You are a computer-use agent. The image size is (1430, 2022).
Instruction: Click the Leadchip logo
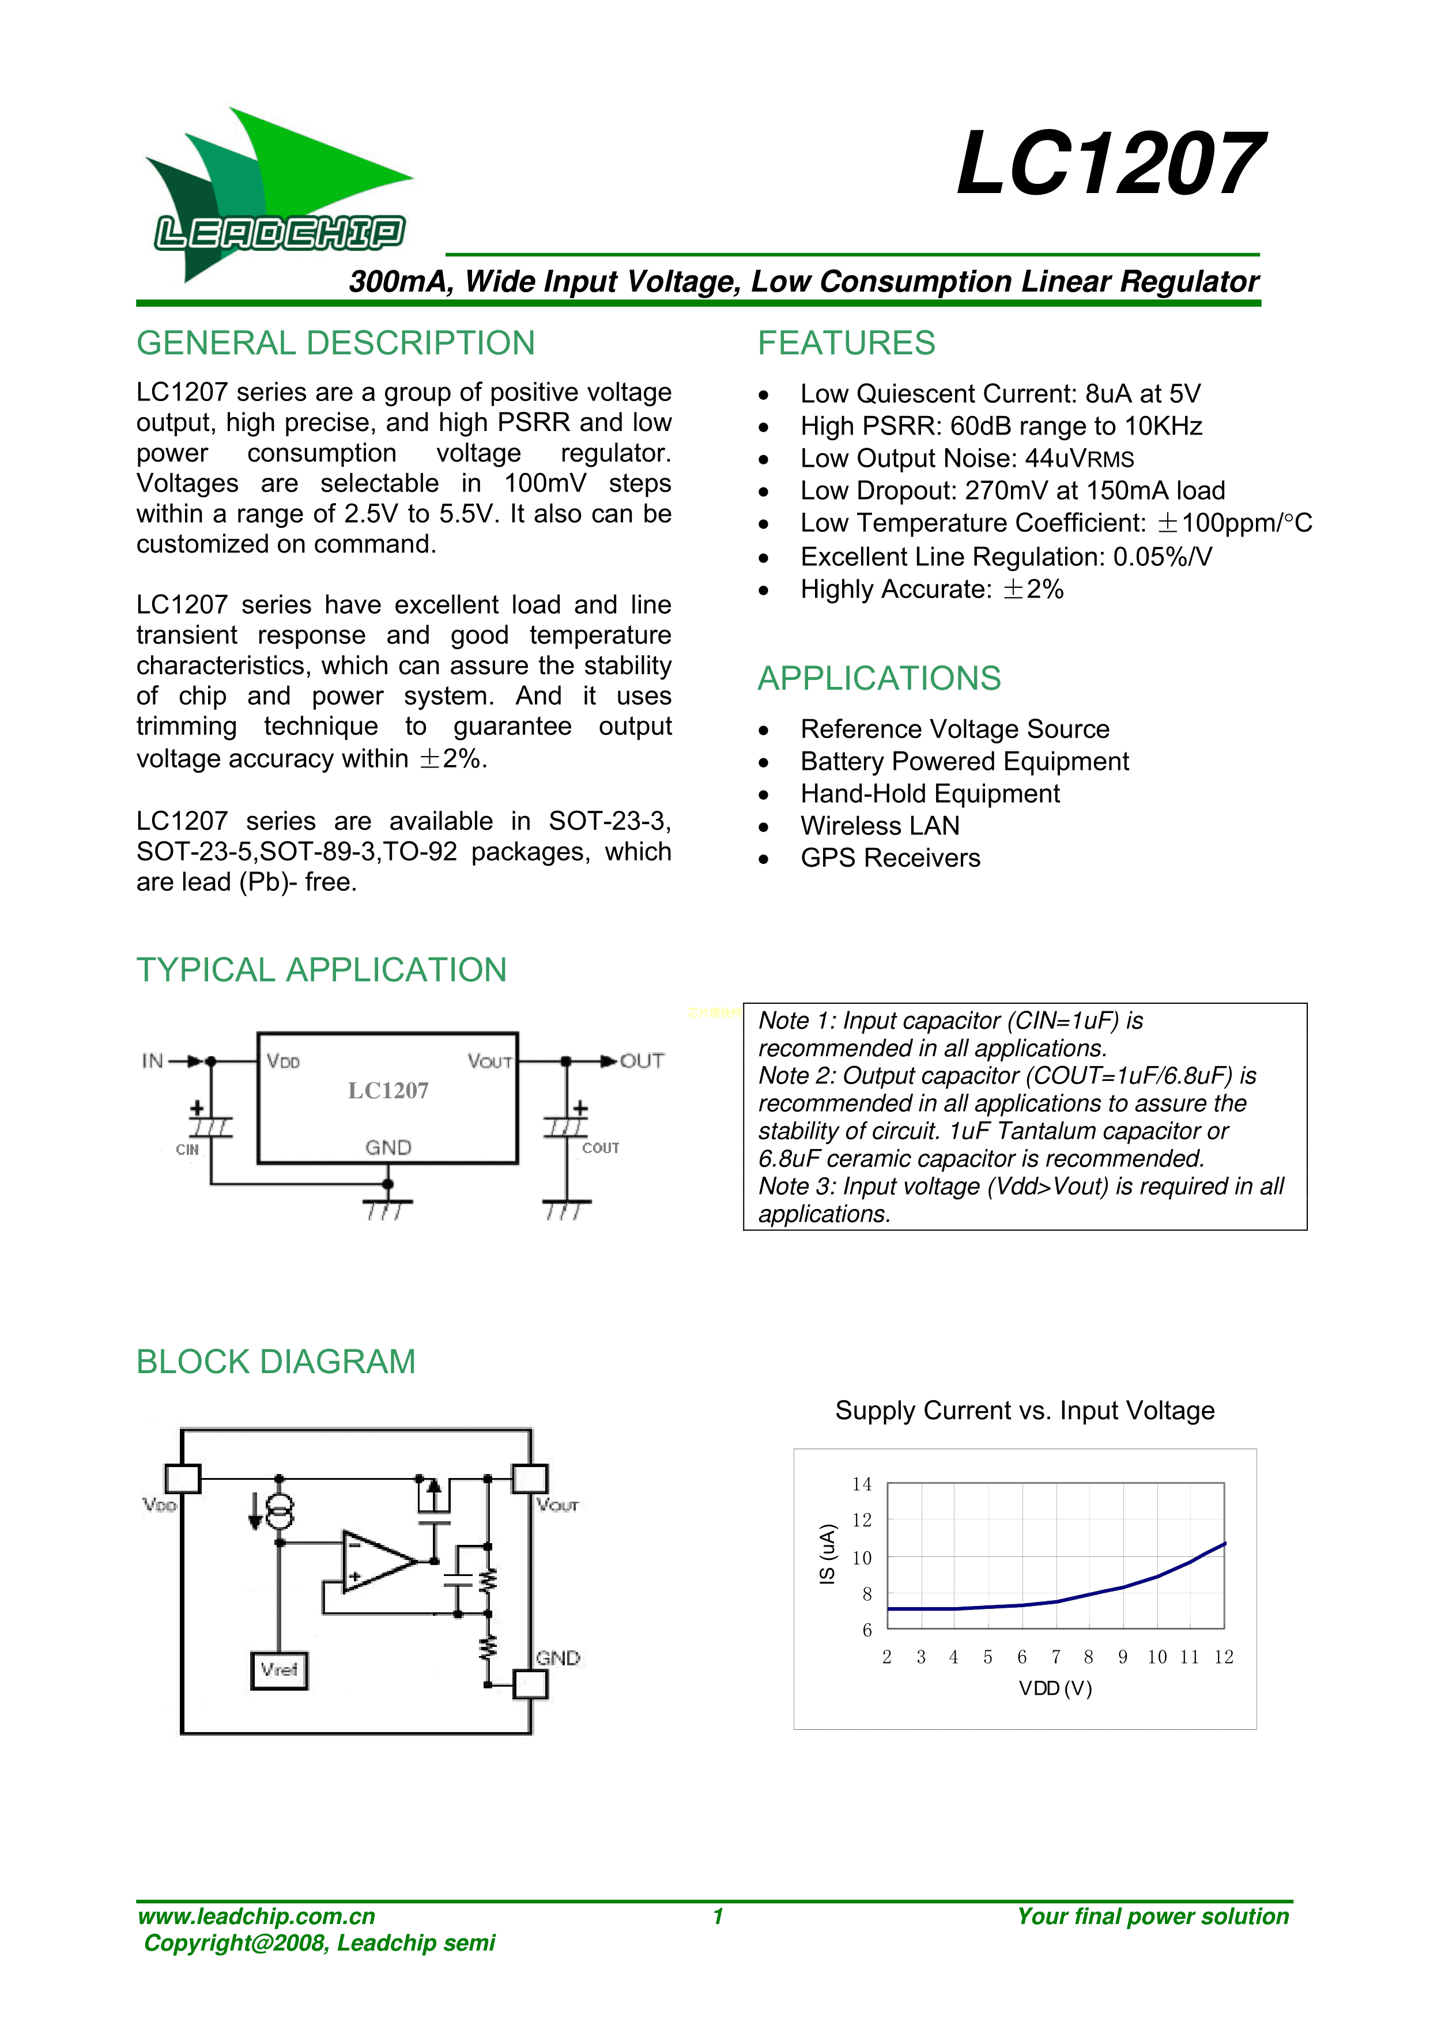pos(278,194)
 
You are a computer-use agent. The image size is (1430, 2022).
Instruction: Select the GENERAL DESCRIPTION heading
pos(335,343)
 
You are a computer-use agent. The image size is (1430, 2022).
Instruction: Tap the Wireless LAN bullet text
pos(880,826)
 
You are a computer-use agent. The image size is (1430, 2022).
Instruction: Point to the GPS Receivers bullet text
pos(890,859)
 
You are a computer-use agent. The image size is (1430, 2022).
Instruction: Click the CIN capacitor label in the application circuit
pos(187,1149)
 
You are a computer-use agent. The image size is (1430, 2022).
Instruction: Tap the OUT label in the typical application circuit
pos(642,1061)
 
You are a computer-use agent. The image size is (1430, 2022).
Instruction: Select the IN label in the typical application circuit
pos(152,1061)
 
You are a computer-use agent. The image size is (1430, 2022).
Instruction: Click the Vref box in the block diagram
pos(280,1670)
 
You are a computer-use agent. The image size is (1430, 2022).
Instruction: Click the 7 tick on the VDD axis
pos(1055,1657)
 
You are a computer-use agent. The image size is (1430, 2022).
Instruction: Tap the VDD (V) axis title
pos(1055,1688)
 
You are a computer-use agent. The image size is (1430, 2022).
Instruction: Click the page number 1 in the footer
pos(718,1915)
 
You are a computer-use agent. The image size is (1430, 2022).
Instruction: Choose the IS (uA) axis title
pos(827,1554)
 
